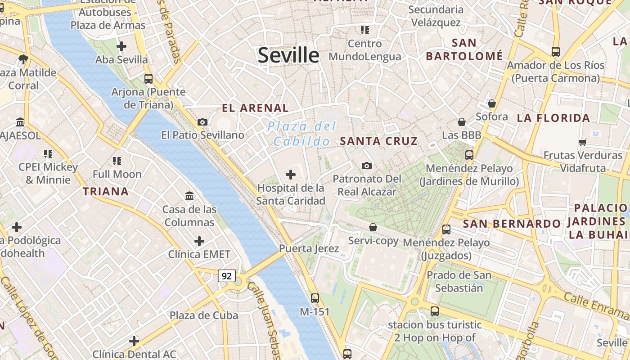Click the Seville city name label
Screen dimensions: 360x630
pyautogui.click(x=288, y=55)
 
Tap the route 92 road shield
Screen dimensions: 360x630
pyautogui.click(x=227, y=275)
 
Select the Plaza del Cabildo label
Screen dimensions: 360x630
pyautogui.click(x=302, y=134)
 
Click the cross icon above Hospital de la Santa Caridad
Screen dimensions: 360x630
pyautogui.click(x=291, y=174)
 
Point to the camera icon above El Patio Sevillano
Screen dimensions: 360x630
pyautogui.click(x=202, y=122)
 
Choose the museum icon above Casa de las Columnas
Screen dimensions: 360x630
pyautogui.click(x=189, y=196)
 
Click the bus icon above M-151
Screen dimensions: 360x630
pyautogui.click(x=315, y=298)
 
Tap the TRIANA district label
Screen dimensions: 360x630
pyautogui.click(x=106, y=192)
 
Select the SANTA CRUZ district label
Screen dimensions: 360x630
pyautogui.click(x=379, y=141)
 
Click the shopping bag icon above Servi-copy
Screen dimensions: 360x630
pyautogui.click(x=373, y=227)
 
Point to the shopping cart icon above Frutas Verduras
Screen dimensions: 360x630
pyautogui.click(x=582, y=143)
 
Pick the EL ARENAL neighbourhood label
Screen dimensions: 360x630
pyautogui.click(x=255, y=108)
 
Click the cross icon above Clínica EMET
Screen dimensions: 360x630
pyautogui.click(x=199, y=241)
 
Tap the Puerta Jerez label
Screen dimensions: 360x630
pyautogui.click(x=309, y=248)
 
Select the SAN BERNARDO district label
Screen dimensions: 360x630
pyautogui.click(x=512, y=224)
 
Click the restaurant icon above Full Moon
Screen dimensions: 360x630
pyautogui.click(x=117, y=161)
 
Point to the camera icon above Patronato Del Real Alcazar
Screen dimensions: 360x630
pyautogui.click(x=367, y=166)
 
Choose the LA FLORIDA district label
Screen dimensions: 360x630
pyautogui.click(x=553, y=118)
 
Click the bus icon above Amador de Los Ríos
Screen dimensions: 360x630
pyautogui.click(x=556, y=52)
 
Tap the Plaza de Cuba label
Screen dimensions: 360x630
pyautogui.click(x=204, y=315)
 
